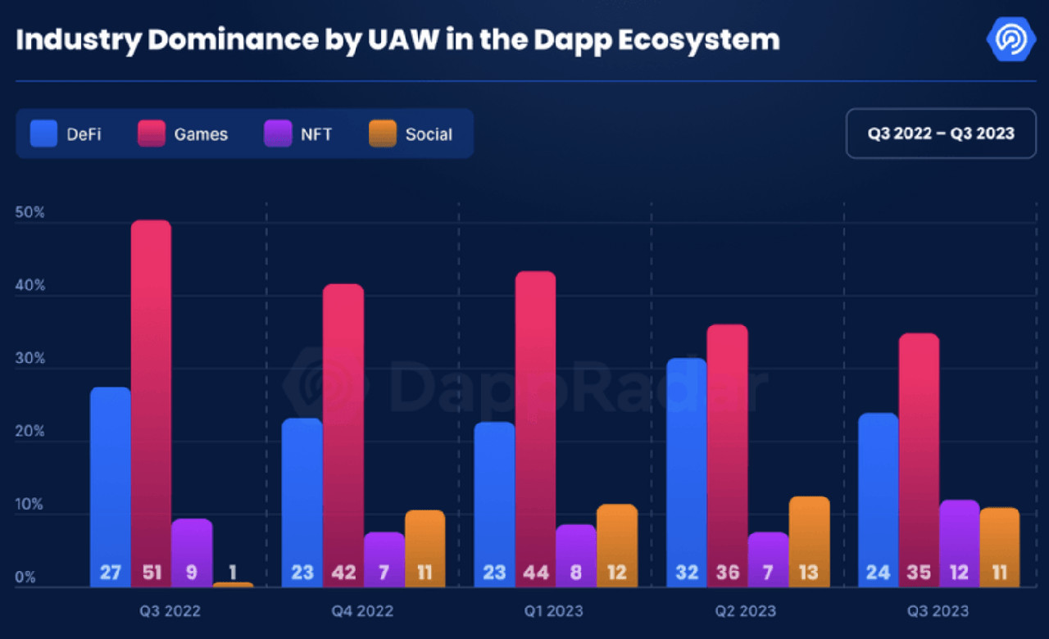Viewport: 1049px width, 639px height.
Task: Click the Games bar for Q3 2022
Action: pyautogui.click(x=151, y=393)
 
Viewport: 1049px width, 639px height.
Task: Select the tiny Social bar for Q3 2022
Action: pyautogui.click(x=233, y=584)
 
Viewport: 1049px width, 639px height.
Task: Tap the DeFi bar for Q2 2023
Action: pyautogui.click(x=687, y=459)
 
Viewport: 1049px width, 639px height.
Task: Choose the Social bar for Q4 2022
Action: pyautogui.click(x=425, y=541)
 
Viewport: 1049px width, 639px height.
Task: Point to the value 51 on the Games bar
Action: pyautogui.click(x=151, y=572)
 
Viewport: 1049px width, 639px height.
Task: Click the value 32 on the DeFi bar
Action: pyautogui.click(x=687, y=572)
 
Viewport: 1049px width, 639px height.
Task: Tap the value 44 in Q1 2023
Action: pyautogui.click(x=535, y=572)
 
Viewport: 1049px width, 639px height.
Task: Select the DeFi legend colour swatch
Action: pyautogui.click(x=43, y=134)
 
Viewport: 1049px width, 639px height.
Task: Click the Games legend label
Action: pyautogui.click(x=201, y=134)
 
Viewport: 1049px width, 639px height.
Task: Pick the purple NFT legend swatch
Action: pyautogui.click(x=277, y=134)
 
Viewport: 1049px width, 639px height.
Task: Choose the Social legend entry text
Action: pyautogui.click(x=429, y=134)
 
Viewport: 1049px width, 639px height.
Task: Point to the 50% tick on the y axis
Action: pyautogui.click(x=30, y=213)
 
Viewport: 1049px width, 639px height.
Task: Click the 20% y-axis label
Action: pyautogui.click(x=30, y=432)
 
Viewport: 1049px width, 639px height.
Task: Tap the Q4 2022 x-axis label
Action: pyautogui.click(x=362, y=611)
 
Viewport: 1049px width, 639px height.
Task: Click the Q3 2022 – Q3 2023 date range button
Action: pyautogui.click(x=941, y=133)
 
